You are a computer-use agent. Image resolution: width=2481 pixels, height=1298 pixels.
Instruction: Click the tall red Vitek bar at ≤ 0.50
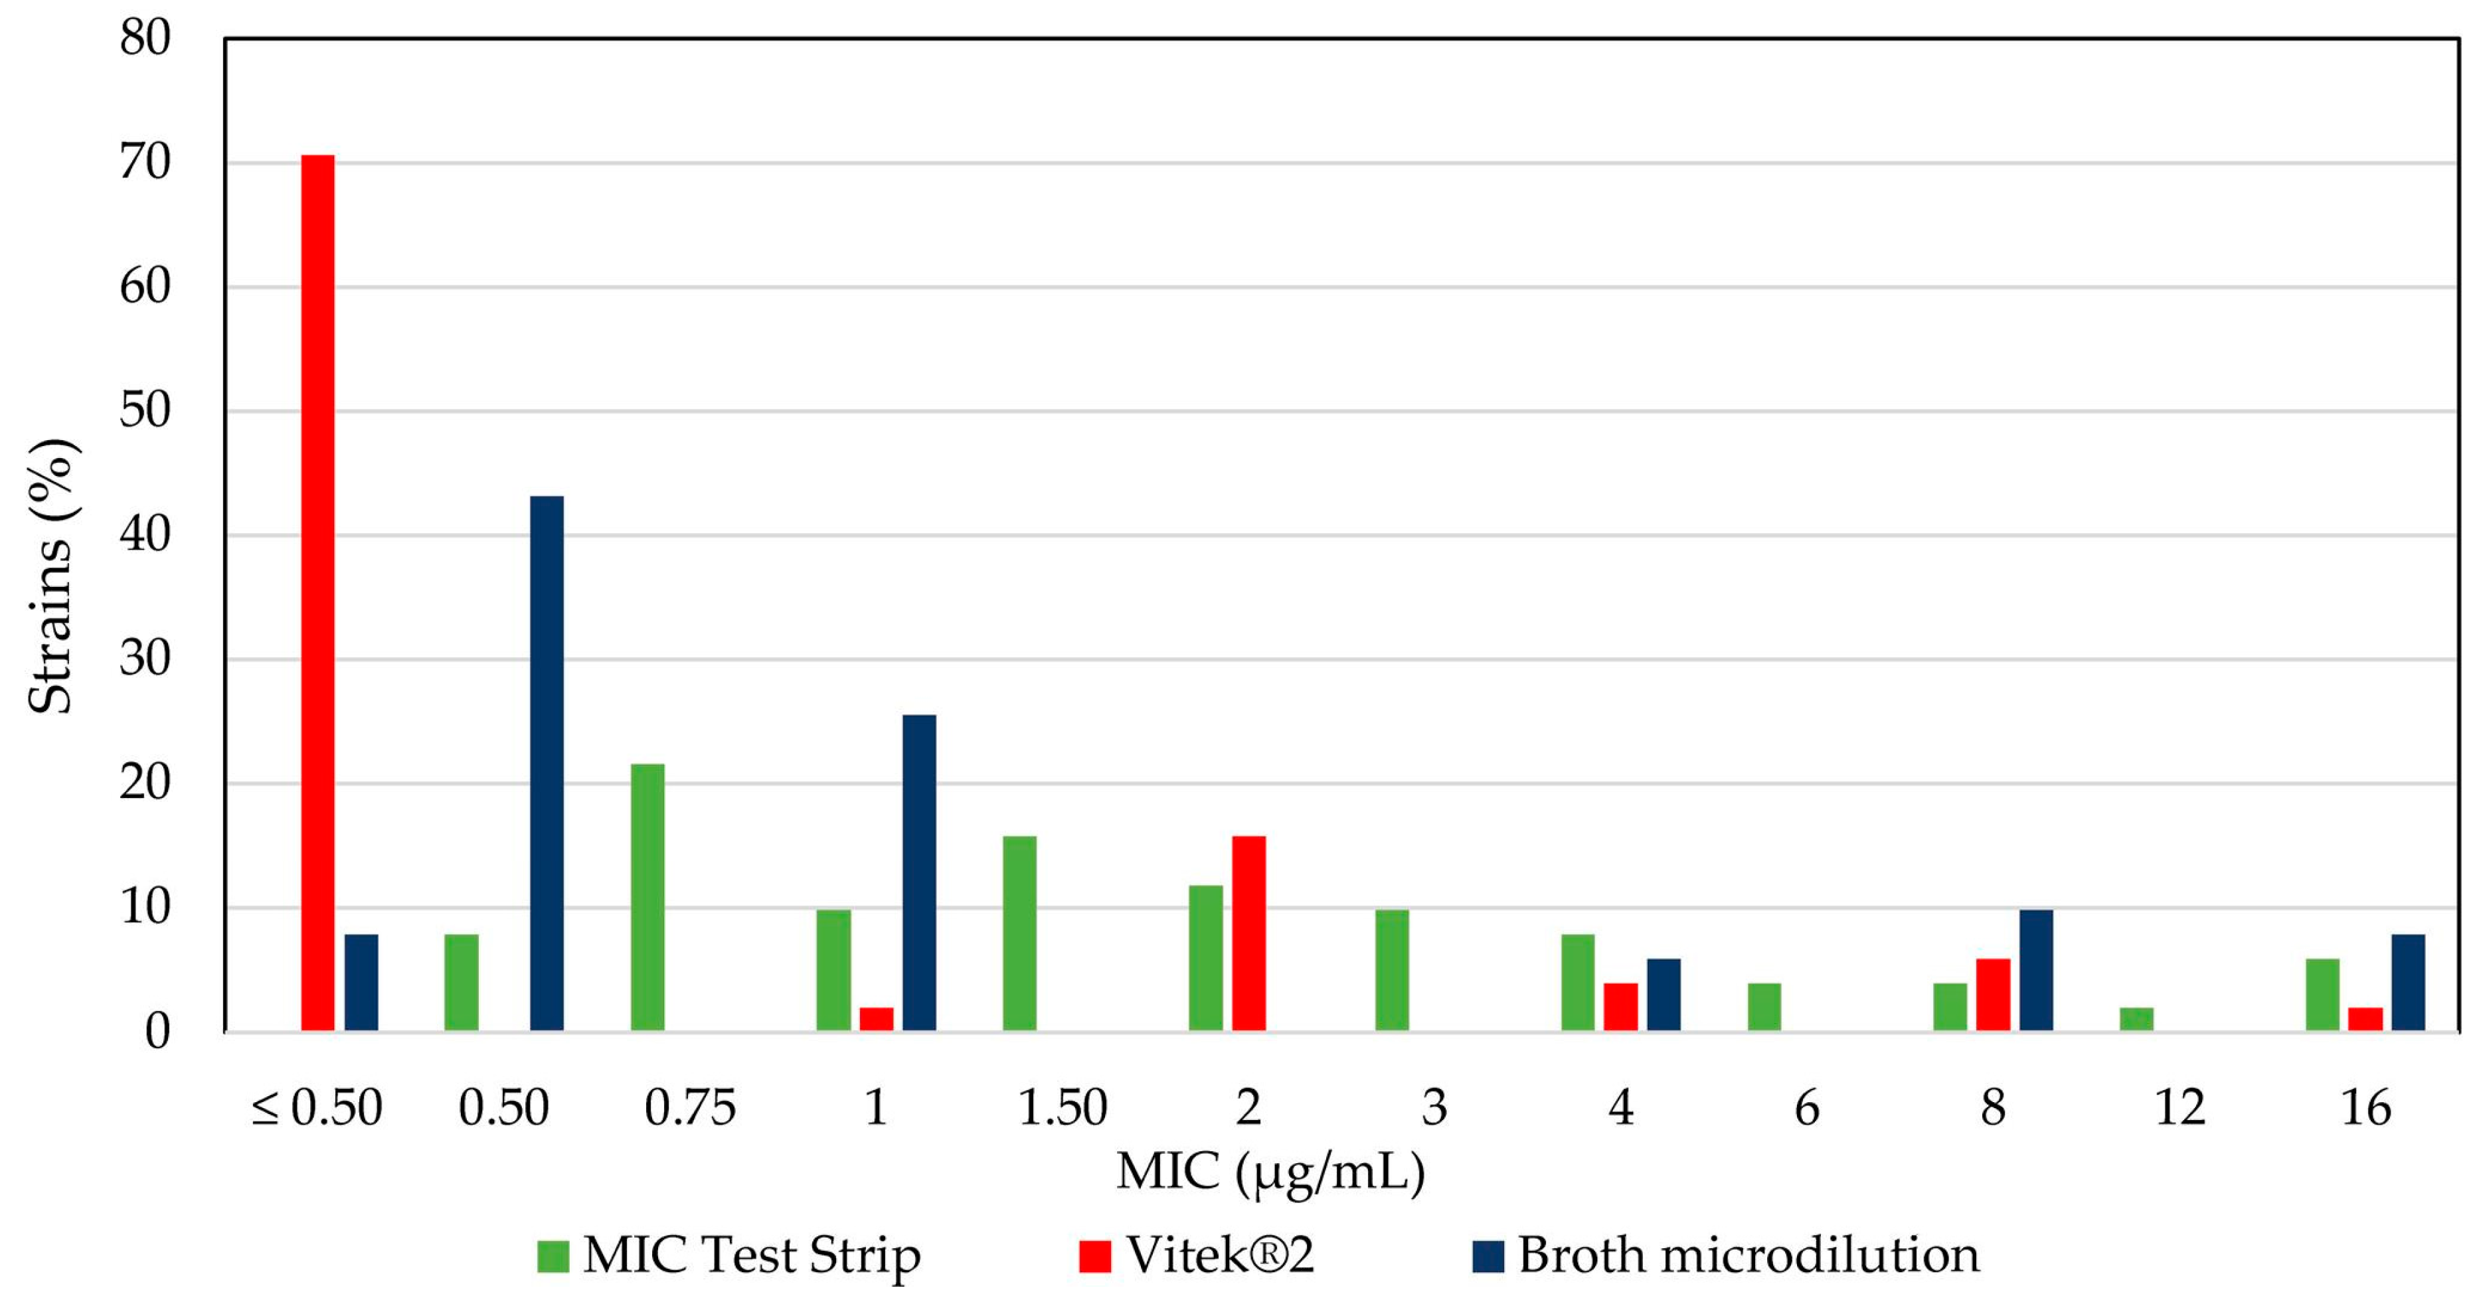[318, 592]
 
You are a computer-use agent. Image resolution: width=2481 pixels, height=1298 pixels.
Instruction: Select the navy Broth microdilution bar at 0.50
[547, 763]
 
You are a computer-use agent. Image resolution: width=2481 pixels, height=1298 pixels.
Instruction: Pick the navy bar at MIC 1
[919, 872]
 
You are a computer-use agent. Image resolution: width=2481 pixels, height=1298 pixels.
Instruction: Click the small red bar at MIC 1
[877, 1018]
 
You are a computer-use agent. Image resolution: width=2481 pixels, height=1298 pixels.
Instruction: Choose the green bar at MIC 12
[2136, 1018]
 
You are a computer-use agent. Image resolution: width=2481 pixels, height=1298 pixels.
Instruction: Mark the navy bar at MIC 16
[2408, 982]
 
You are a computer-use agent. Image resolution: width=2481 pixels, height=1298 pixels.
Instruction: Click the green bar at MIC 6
[1764, 1007]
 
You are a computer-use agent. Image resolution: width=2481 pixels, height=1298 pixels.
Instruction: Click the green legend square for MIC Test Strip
[553, 1256]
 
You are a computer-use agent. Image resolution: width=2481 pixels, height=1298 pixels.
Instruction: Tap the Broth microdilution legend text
[1748, 1256]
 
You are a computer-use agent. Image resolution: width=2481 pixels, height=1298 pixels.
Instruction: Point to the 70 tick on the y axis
[145, 163]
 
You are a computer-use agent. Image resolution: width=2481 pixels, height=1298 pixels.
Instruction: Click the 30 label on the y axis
[145, 659]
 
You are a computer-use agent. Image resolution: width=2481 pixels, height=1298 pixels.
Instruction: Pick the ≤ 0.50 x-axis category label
[317, 1107]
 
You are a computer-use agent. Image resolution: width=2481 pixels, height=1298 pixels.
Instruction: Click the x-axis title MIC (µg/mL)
[1270, 1172]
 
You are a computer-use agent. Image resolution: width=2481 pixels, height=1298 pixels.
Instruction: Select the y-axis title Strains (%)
[50, 576]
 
